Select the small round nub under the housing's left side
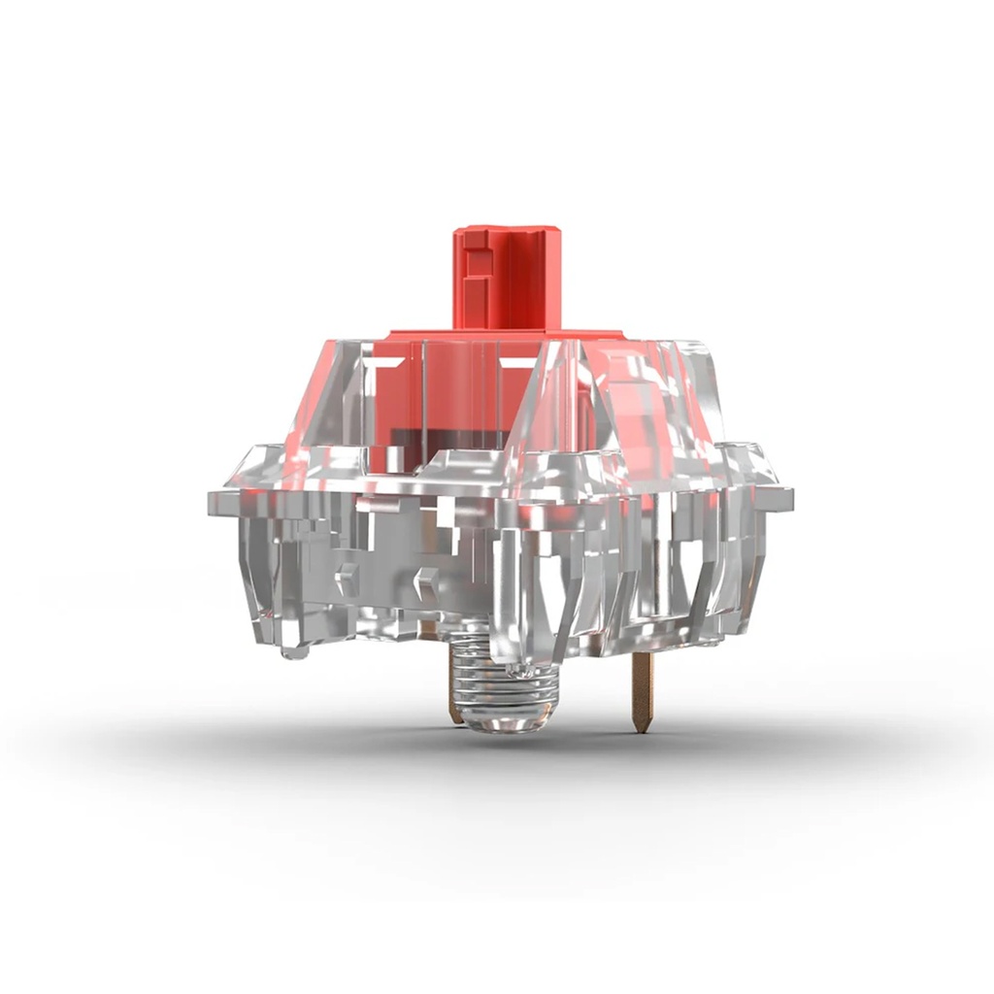[294, 649]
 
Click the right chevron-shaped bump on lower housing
[424, 581]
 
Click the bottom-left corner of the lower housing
[258, 636]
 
